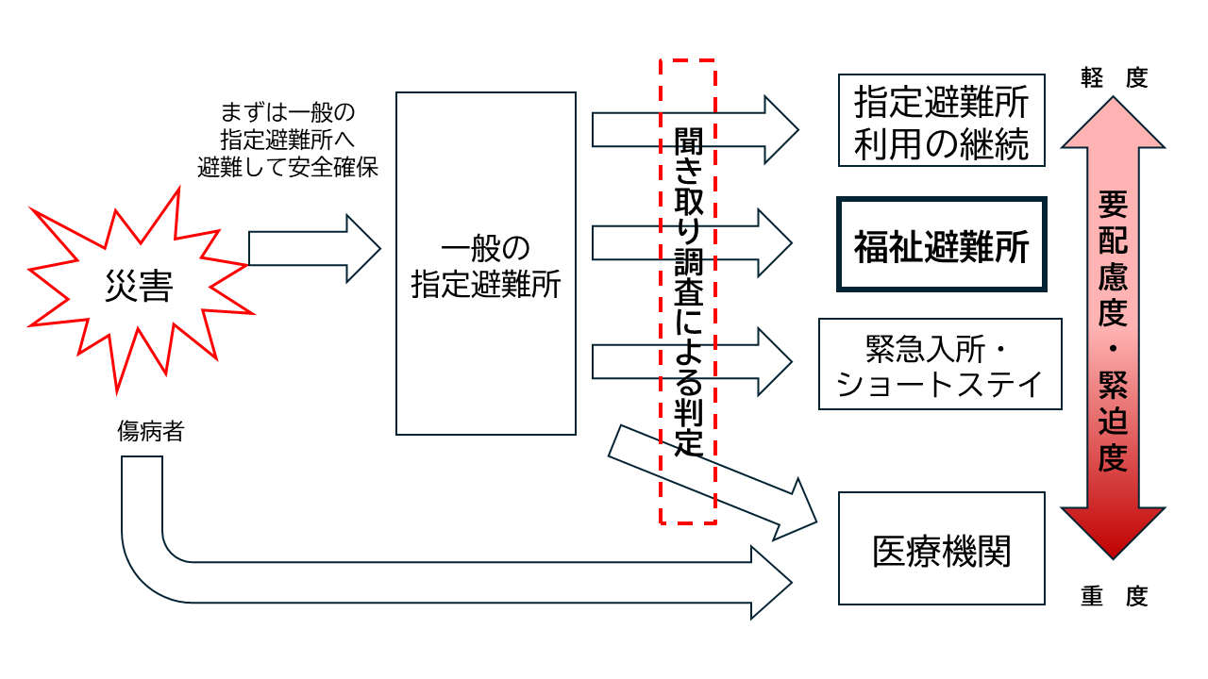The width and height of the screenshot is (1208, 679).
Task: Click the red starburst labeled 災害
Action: point(139,288)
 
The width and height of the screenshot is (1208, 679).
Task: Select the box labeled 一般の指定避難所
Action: point(486,263)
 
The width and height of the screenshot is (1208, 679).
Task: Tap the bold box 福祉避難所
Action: point(941,244)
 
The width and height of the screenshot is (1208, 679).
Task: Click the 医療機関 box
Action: point(941,549)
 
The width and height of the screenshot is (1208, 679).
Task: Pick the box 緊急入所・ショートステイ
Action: point(940,364)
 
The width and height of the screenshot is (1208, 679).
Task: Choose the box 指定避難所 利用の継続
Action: point(941,120)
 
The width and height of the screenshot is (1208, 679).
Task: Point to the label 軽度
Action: point(1115,78)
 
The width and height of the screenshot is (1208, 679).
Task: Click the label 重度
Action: point(1115,597)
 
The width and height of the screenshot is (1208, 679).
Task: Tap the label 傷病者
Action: point(151,433)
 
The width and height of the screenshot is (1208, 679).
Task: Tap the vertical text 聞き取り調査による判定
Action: point(688,292)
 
